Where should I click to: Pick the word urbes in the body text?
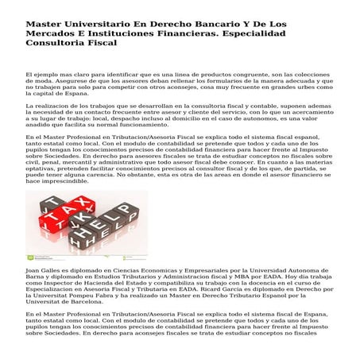tap(302, 87)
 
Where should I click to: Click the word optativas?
tap(40, 168)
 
